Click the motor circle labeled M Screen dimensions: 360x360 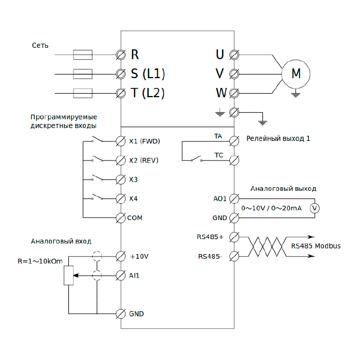click(x=296, y=74)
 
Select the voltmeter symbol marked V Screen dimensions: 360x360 click(x=316, y=208)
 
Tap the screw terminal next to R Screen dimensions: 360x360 click(x=122, y=54)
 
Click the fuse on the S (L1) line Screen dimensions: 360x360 click(x=83, y=74)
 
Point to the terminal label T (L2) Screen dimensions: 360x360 click(x=147, y=93)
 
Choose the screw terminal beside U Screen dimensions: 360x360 click(x=234, y=54)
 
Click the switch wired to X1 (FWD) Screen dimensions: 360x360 click(x=97, y=140)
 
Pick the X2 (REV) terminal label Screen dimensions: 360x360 click(x=143, y=160)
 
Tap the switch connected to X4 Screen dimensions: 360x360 click(x=97, y=197)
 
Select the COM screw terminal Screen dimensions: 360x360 click(x=121, y=218)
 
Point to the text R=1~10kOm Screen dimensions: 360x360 click(x=40, y=261)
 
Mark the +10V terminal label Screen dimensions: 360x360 click(x=139, y=256)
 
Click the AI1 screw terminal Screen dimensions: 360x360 click(x=121, y=275)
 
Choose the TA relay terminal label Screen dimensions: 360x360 click(x=218, y=136)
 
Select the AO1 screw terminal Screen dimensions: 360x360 click(x=234, y=199)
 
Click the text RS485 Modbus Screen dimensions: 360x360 click(x=315, y=246)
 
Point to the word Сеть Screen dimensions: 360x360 click(x=40, y=45)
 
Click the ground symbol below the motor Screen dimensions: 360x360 click(x=295, y=94)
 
